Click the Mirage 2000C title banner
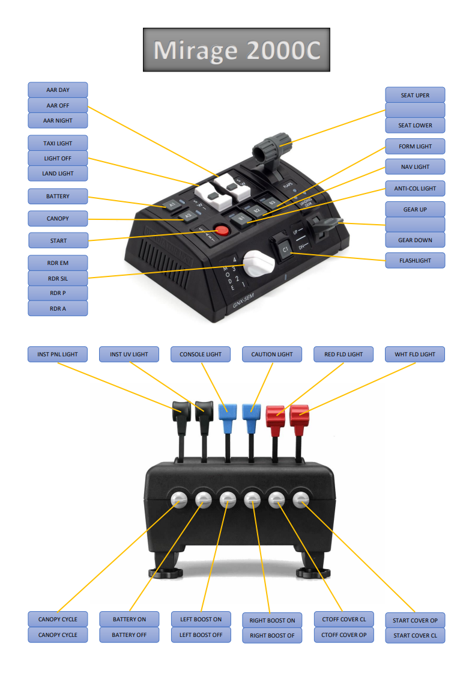(236, 50)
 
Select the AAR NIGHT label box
(58, 120)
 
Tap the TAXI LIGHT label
(58, 144)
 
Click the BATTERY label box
(58, 196)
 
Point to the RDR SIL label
(58, 278)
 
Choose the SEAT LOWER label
(415, 126)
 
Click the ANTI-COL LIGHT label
(415, 189)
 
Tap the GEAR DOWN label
(415, 240)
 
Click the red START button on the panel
(223, 230)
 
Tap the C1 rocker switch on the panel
(285, 248)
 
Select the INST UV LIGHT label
(129, 355)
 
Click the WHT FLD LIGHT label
(415, 355)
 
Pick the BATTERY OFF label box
(129, 635)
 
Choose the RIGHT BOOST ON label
(272, 620)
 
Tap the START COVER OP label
(415, 620)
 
